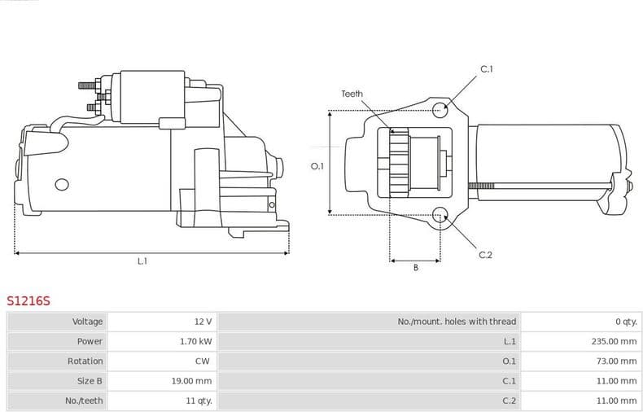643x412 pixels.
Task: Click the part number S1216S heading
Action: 28,301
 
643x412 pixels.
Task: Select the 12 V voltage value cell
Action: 203,322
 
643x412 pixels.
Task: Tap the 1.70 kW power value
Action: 195,341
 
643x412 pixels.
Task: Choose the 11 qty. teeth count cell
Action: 198,401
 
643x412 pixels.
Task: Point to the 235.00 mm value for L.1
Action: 614,341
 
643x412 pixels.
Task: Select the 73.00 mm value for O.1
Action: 616,361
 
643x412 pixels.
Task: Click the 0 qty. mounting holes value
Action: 625,322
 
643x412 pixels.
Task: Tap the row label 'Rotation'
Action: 85,361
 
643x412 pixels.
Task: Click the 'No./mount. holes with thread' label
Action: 457,322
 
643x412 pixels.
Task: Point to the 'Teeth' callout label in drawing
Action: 352,94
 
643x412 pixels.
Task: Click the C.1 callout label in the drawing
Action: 486,69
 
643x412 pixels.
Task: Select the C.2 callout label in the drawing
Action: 485,255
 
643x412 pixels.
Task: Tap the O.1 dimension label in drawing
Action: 317,166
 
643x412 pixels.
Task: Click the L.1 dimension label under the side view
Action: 142,261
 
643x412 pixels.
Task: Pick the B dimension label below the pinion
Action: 415,268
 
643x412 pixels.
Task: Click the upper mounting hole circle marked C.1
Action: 440,110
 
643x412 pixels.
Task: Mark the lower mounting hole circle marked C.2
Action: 440,215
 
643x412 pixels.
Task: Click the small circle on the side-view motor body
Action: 60,184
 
